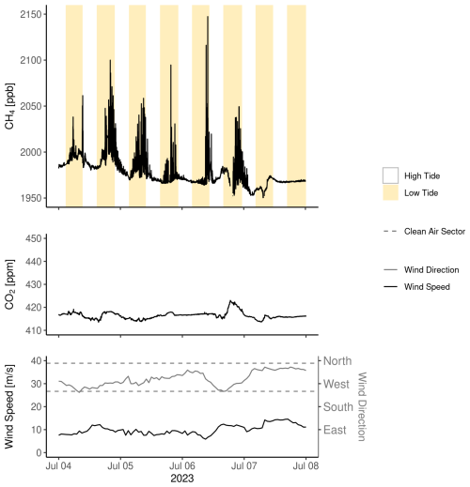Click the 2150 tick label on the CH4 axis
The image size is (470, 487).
(x=31, y=14)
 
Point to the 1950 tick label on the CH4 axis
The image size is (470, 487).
(x=31, y=198)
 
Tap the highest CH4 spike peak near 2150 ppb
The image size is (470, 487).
(x=208, y=17)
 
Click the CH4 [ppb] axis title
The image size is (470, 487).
(x=9, y=106)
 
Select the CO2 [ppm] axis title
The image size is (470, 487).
(x=9, y=284)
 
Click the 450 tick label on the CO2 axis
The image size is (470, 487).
(x=34, y=238)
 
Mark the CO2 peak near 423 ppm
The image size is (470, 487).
(x=230, y=301)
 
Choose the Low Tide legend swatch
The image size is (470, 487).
(x=390, y=192)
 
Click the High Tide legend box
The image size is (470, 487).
(x=390, y=175)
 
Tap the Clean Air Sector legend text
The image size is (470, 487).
(x=434, y=232)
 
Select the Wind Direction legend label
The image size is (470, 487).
(x=431, y=270)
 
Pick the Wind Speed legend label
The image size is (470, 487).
(x=427, y=287)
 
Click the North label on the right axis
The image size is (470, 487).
(x=337, y=361)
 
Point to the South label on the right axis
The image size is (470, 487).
(x=338, y=407)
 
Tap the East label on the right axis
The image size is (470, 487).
(x=335, y=430)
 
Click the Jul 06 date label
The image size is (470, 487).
(x=182, y=466)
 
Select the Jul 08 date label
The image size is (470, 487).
(x=305, y=466)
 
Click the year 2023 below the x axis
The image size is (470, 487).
(x=182, y=479)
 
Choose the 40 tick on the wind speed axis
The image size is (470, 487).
(x=37, y=361)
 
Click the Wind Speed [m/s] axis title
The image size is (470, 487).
(x=9, y=406)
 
